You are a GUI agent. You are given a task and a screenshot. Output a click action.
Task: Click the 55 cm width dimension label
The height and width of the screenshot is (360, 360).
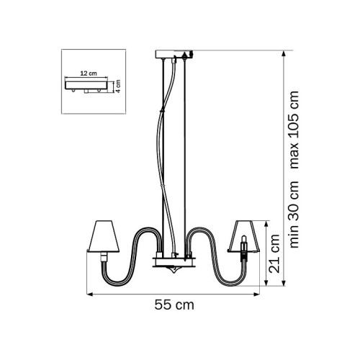point(174,305)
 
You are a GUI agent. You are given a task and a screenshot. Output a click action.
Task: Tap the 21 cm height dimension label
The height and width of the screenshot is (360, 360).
point(274,253)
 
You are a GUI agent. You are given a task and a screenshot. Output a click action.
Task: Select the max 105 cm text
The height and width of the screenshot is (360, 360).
point(294,130)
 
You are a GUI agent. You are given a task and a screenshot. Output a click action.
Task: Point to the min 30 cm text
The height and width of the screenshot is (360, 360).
point(294,215)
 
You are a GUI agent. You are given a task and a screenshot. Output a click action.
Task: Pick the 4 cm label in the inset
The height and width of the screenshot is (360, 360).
point(118,86)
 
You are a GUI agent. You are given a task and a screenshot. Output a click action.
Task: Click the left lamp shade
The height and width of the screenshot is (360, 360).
point(103,236)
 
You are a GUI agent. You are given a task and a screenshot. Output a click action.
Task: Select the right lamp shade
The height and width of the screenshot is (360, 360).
point(243,236)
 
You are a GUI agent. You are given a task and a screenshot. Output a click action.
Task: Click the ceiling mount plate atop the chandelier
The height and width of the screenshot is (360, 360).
point(174,54)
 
